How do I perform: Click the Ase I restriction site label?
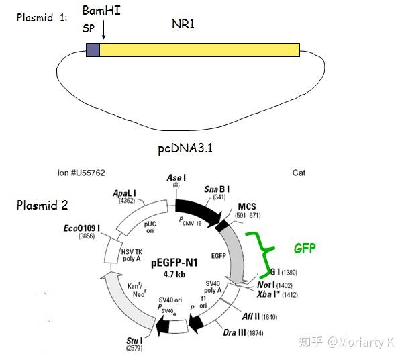pyautogui.click(x=176, y=177)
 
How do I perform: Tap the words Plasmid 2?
pyautogui.click(x=42, y=206)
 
